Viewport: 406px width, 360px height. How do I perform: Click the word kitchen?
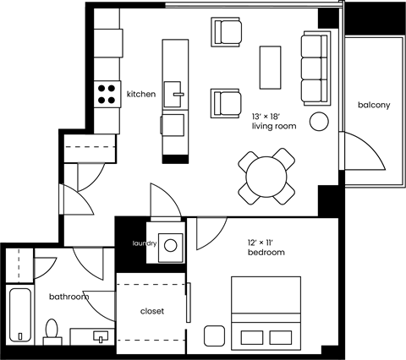pos(141,95)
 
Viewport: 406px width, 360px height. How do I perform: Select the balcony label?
pos(373,105)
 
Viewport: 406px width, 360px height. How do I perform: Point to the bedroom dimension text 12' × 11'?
pos(263,243)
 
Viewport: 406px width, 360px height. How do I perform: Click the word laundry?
pos(145,244)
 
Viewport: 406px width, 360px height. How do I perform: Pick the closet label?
pos(151,311)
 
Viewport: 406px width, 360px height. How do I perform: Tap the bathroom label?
pos(69,297)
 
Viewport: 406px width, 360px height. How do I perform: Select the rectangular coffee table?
pos(270,67)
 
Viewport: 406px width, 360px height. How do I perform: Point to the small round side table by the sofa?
pos(319,122)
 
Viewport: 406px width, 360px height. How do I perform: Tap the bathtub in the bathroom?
pos(19,315)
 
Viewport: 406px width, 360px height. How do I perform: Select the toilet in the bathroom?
pos(52,331)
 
